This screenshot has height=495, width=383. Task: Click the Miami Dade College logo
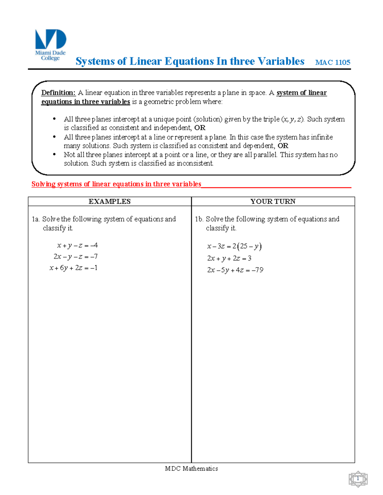pyautogui.click(x=50, y=44)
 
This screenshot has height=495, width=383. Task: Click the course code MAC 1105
pyautogui.click(x=333, y=62)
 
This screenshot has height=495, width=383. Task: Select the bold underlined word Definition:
pyautogui.click(x=58, y=93)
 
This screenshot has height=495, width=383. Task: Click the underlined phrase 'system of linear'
pyautogui.click(x=302, y=93)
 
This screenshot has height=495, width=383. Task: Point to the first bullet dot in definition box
pyautogui.click(x=54, y=119)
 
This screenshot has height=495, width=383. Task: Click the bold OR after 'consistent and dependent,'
pyautogui.click(x=283, y=146)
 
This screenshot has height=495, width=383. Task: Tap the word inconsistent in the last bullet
pyautogui.click(x=195, y=164)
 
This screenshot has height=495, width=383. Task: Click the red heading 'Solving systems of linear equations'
pyautogui.click(x=116, y=184)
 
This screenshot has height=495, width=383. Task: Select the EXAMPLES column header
pyautogui.click(x=109, y=201)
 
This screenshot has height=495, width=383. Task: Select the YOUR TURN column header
pyautogui.click(x=273, y=201)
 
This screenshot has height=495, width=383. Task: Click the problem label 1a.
pyautogui.click(x=35, y=219)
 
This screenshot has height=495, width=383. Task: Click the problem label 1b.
pyautogui.click(x=199, y=219)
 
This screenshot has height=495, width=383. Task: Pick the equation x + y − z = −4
pyautogui.click(x=77, y=245)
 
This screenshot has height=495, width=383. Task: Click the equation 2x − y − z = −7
pyautogui.click(x=75, y=257)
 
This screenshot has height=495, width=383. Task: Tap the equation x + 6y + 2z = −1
pyautogui.click(x=73, y=268)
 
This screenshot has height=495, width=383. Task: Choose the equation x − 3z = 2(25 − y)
pyautogui.click(x=234, y=246)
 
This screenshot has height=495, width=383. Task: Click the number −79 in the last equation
pyautogui.click(x=258, y=270)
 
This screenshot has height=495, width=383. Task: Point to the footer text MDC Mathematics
pyautogui.click(x=191, y=469)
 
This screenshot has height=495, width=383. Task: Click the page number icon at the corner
pyautogui.click(x=358, y=479)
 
